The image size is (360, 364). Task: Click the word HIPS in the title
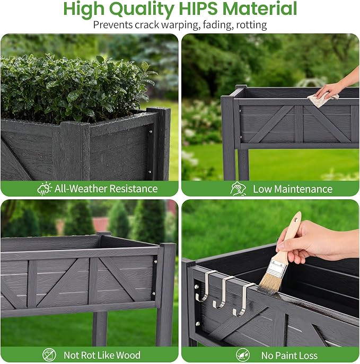click(x=198, y=8)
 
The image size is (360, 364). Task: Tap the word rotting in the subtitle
click(x=251, y=24)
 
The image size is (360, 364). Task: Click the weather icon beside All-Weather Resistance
click(x=44, y=189)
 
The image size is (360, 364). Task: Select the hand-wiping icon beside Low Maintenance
click(x=238, y=189)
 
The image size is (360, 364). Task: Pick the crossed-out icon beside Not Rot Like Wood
click(x=49, y=354)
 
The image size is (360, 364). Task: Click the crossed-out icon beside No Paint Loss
click(x=243, y=355)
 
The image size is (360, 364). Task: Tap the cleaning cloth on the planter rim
click(x=322, y=98)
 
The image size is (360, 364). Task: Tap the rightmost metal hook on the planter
click(x=242, y=300)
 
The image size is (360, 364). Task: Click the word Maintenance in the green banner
click(x=303, y=189)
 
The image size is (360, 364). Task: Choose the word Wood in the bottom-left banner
click(x=128, y=355)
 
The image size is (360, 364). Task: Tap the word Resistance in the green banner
click(x=134, y=189)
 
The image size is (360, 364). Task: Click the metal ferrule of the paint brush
click(x=277, y=269)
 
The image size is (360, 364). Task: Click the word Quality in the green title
click(x=142, y=10)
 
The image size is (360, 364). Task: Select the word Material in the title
click(x=260, y=8)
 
